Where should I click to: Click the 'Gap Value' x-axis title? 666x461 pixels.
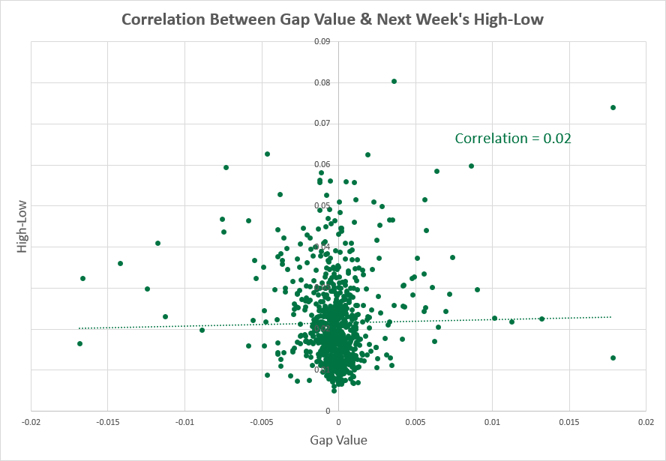coord(338,440)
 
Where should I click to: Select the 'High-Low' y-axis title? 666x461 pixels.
coord(22,226)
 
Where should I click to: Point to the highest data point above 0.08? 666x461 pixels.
coord(394,81)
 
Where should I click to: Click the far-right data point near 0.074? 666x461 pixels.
coord(613,107)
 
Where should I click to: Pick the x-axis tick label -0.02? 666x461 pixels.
coord(31,423)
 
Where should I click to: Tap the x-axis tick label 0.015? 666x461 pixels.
coord(569,423)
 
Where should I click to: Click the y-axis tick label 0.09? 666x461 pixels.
coord(322,41)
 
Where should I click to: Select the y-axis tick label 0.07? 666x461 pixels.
coord(322,123)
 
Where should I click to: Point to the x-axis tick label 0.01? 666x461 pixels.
coord(492,423)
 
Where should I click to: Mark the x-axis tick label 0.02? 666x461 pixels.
coord(646,423)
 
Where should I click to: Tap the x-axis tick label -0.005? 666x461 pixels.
coord(261,423)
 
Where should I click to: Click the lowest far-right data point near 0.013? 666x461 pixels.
coord(613,358)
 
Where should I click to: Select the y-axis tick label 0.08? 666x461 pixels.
coord(322,82)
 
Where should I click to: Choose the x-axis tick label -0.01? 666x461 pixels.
coord(184,423)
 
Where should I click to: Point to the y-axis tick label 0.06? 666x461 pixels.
coord(322,164)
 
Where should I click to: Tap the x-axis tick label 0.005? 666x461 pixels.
coord(415,423)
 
